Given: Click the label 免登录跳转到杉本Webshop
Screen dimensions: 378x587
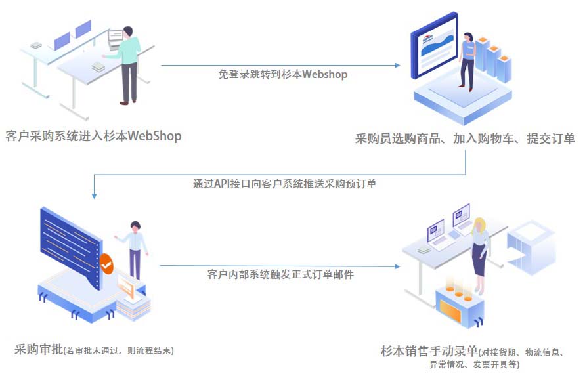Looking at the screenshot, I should (283, 74).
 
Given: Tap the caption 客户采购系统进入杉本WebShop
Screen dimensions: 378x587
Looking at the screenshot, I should (93, 136).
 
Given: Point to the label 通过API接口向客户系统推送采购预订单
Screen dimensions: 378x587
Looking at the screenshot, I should (284, 184).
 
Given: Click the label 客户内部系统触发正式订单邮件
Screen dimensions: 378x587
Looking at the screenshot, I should (280, 274).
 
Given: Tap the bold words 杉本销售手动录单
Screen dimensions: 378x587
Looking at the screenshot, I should (429, 350).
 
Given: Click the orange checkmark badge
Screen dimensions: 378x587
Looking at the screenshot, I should (106, 264).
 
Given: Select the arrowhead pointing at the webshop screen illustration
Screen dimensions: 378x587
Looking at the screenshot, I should (397, 65).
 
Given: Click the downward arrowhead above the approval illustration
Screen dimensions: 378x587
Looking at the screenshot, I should (94, 195).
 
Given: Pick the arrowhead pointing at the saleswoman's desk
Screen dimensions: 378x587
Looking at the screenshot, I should (397, 266).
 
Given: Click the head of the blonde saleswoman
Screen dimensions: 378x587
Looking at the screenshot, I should (480, 223).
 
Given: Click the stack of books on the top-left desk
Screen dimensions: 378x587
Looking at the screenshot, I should (98, 67).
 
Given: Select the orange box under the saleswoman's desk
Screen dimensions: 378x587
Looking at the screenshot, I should (458, 306).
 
